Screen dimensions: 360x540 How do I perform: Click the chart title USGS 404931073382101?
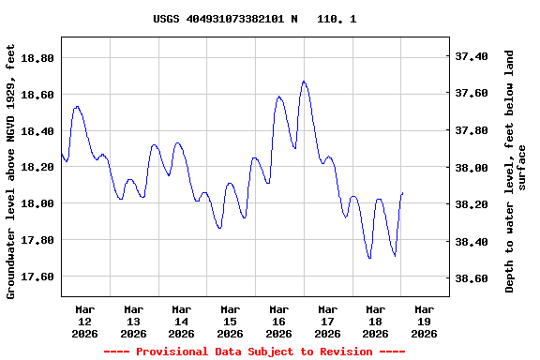254,19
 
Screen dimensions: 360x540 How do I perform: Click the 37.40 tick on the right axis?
476,56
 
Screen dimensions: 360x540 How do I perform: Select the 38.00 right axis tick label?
476,168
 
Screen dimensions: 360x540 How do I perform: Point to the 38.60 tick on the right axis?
476,278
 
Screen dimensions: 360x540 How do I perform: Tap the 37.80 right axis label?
476,130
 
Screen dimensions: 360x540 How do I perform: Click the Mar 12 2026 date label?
85,321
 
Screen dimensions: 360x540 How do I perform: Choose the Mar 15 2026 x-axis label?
231,321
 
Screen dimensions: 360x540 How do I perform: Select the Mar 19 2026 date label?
424,321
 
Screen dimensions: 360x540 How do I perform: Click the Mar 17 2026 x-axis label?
327,321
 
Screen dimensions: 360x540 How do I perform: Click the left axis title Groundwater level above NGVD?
11,172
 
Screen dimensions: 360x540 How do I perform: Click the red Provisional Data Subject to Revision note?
254,352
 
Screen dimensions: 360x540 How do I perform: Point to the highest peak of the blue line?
304,82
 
